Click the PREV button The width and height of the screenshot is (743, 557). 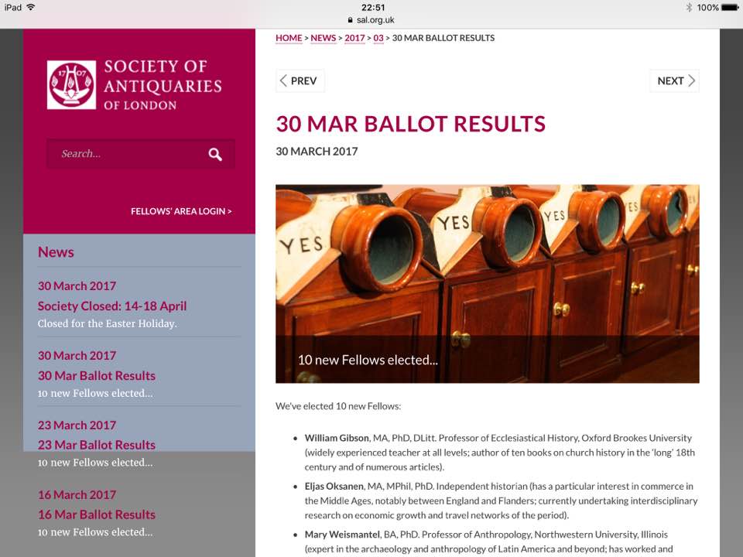pyautogui.click(x=300, y=81)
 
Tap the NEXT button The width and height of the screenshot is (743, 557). pyautogui.click(x=675, y=81)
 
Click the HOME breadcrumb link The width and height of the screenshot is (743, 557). pyautogui.click(x=289, y=38)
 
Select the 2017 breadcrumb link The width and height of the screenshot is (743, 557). pyautogui.click(x=354, y=38)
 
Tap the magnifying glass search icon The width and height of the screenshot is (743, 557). pyautogui.click(x=215, y=155)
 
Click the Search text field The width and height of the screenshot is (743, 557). pyautogui.click(x=124, y=154)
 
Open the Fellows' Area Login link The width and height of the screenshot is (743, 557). pyautogui.click(x=181, y=211)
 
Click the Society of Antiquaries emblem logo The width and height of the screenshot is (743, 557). pyautogui.click(x=71, y=84)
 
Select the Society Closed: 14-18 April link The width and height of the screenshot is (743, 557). pyautogui.click(x=112, y=306)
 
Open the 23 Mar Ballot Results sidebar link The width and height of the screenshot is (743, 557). pyautogui.click(x=97, y=445)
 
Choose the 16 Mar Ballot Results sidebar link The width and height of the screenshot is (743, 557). pyautogui.click(x=97, y=514)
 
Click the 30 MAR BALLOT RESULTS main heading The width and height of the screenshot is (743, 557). pyautogui.click(x=410, y=124)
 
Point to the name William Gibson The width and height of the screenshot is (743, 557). pyautogui.click(x=337, y=438)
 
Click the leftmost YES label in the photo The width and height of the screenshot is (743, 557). pyautogui.click(x=301, y=246)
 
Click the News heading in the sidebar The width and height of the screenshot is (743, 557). pyautogui.click(x=56, y=252)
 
